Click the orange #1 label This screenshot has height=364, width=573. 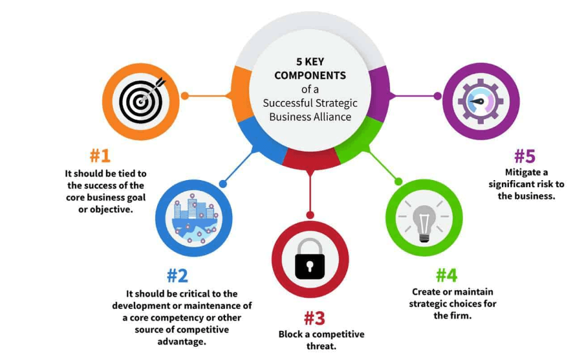point(100,156)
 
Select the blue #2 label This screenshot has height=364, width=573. point(177,275)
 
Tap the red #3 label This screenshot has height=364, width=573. point(314,318)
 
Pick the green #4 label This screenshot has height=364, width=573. point(446,275)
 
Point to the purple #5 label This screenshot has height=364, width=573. point(524,156)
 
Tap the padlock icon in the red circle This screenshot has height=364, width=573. point(310,259)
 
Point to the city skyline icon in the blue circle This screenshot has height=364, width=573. point(194,218)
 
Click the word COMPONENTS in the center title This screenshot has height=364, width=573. point(310,76)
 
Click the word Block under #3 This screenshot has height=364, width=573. point(291,334)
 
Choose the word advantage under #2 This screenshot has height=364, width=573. point(182,341)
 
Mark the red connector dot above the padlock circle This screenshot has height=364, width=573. point(310,214)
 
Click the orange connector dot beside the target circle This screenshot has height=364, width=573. point(184,96)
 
